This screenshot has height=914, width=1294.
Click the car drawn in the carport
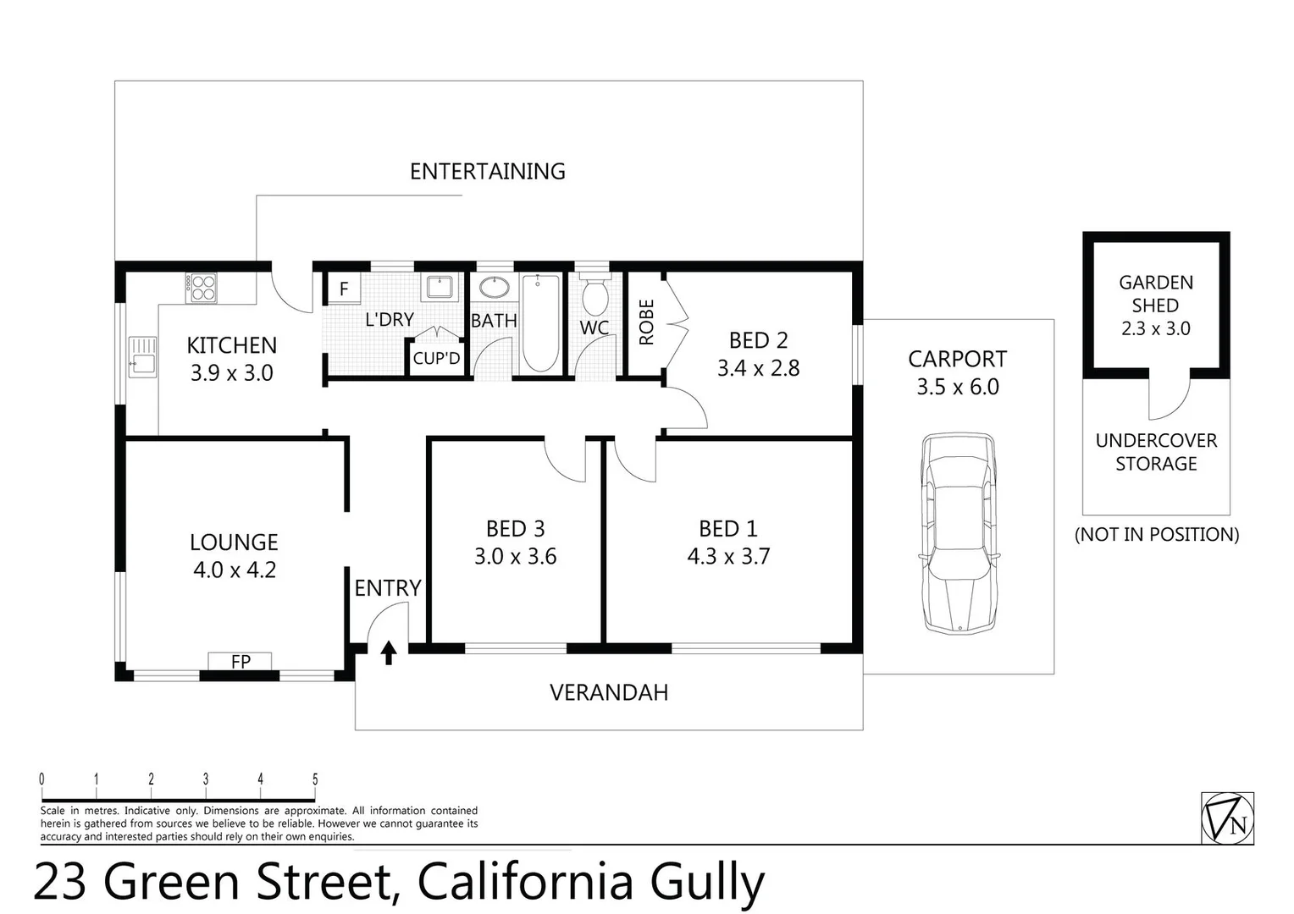(x=958, y=533)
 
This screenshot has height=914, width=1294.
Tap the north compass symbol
(x=1227, y=818)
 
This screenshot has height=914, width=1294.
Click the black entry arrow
(x=389, y=652)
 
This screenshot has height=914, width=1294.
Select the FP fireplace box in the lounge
(x=241, y=661)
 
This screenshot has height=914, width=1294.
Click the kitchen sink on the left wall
(x=142, y=356)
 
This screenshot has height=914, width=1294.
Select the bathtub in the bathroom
(x=539, y=322)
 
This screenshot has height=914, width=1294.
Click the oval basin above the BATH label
(x=494, y=287)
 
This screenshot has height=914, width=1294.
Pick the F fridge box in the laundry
(x=344, y=289)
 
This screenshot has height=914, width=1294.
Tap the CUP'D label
(x=436, y=358)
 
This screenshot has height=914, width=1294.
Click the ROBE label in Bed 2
(x=647, y=322)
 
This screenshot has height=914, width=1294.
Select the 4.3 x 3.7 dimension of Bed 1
(x=728, y=556)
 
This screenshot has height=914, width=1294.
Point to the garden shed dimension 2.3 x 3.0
(x=1155, y=328)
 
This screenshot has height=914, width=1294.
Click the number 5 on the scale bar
(x=315, y=779)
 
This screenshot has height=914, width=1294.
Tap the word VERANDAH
(x=609, y=692)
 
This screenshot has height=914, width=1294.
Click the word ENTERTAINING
(x=488, y=171)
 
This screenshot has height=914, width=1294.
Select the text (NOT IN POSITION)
(x=1156, y=534)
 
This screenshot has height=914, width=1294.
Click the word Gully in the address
(x=707, y=882)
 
